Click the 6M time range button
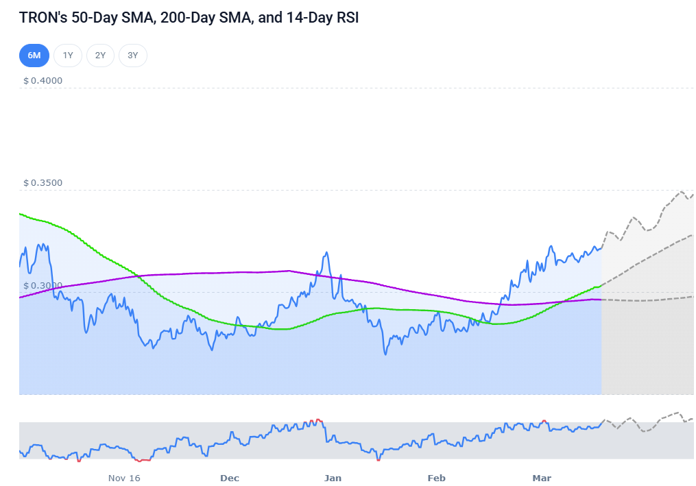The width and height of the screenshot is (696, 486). click(x=34, y=56)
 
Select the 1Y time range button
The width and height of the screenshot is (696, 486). click(x=68, y=56)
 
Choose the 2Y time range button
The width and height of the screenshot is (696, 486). click(x=100, y=56)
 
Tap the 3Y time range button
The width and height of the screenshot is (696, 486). click(x=133, y=56)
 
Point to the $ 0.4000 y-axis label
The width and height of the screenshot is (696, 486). click(x=43, y=80)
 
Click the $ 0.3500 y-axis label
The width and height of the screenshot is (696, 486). click(x=43, y=183)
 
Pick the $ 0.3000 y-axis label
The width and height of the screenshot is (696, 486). click(x=43, y=285)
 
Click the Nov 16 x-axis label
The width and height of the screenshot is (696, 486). click(x=124, y=478)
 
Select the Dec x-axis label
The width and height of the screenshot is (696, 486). click(x=230, y=478)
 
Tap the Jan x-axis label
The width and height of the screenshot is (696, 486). click(x=333, y=478)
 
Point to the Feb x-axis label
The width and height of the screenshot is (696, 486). click(x=436, y=478)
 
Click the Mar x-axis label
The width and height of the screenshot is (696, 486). click(x=542, y=478)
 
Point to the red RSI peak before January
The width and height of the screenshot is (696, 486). click(x=316, y=420)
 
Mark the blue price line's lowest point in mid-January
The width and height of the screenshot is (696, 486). click(x=385, y=354)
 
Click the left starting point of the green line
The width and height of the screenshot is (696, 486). click(x=20, y=214)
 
